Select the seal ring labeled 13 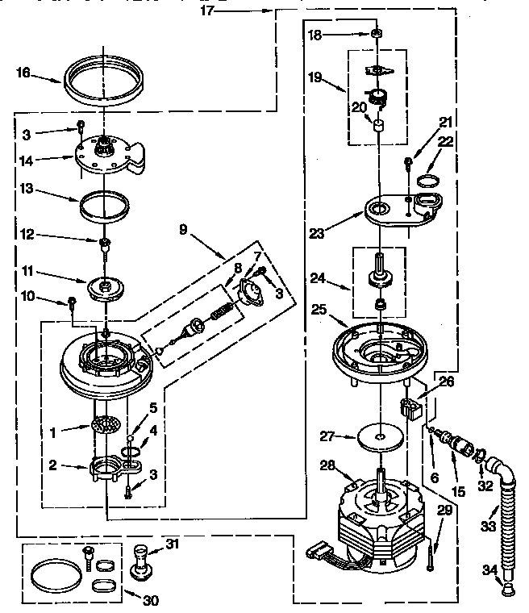click(105, 203)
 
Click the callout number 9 click(186, 228)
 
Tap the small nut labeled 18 click(377, 35)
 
